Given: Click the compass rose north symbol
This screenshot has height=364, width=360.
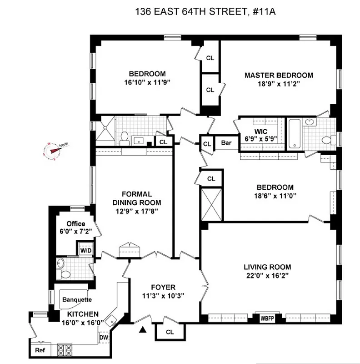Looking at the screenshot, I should coord(52,148).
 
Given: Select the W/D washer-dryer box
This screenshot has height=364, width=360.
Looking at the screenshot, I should coord(85,250).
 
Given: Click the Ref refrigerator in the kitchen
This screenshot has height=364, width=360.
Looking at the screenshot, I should coord(40,350).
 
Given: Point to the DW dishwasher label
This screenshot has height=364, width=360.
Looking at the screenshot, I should coord(103,338).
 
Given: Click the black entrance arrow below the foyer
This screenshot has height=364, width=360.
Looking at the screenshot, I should coord(144,329).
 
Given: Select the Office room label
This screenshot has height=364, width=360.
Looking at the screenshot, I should coord(76,224).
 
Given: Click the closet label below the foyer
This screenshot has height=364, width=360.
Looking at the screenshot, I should coord(170,332).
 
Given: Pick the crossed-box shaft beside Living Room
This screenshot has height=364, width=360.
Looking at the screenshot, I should coord(211,203).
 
